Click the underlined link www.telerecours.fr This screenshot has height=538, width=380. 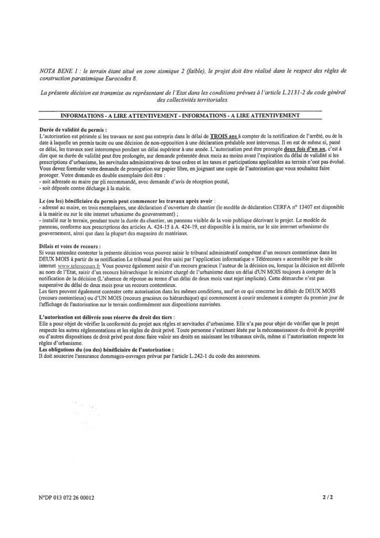click(x=77, y=266)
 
